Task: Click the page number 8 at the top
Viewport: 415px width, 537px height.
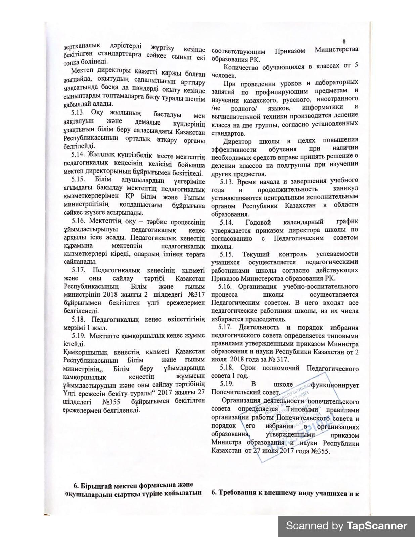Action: click(x=344, y=42)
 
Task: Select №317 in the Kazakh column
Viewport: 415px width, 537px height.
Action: click(x=195, y=294)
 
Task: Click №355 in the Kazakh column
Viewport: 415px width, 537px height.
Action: click(x=110, y=402)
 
